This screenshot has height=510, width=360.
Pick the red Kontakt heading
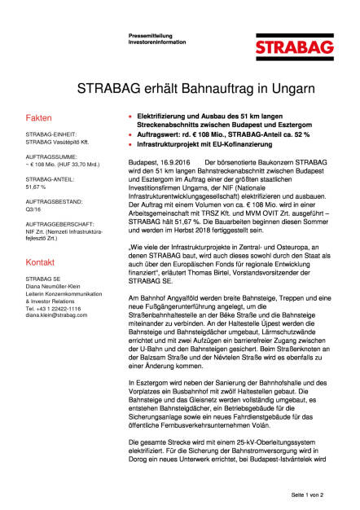[x=41, y=263]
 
